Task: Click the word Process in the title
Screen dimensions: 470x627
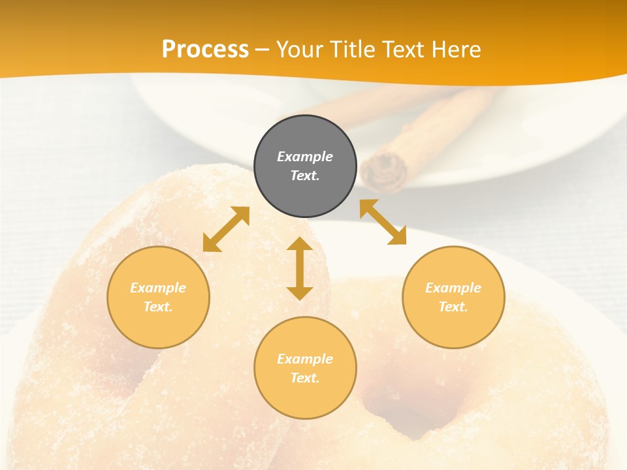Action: pos(205,50)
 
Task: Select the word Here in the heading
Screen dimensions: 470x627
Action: pos(455,50)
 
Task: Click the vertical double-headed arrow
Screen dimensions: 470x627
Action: pos(300,268)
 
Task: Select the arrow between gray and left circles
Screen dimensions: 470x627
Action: pos(226,229)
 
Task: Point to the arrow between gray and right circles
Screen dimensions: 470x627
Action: pos(383,222)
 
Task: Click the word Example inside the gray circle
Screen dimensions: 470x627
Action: pos(305,157)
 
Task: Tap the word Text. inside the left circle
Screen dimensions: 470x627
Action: pos(158,307)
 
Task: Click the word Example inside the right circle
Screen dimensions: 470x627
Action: pos(453,288)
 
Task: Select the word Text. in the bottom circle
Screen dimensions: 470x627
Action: pos(305,378)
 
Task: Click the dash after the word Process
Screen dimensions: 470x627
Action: pos(262,50)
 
